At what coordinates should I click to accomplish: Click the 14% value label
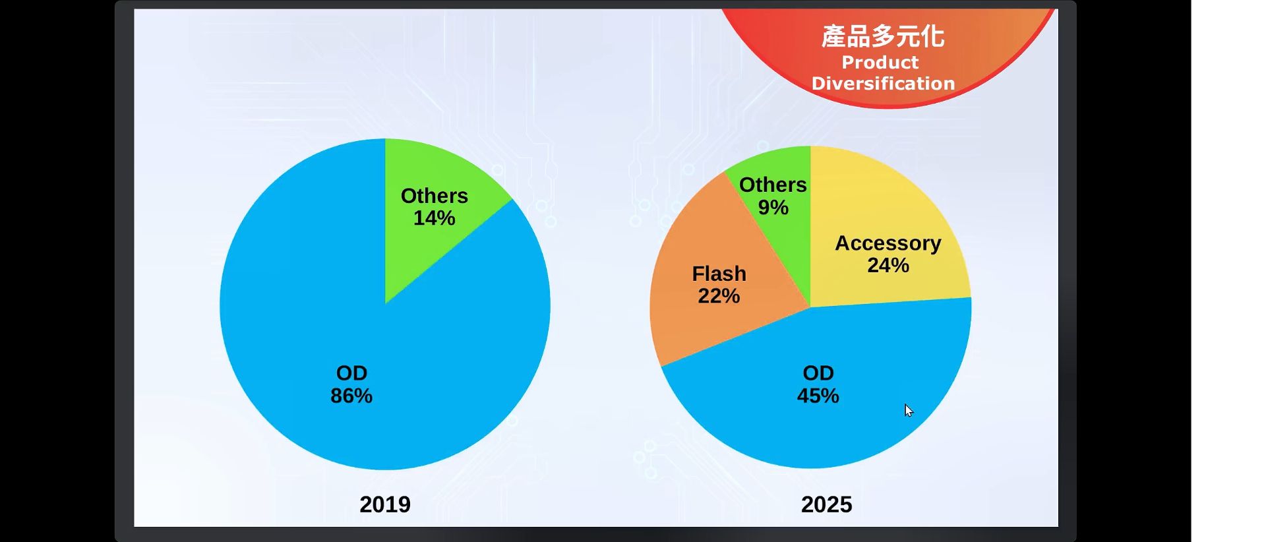point(435,218)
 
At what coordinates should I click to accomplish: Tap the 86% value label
point(351,396)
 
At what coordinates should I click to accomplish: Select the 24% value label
point(888,266)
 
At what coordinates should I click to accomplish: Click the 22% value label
point(719,296)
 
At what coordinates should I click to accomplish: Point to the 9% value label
point(773,208)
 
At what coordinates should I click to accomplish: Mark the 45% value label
point(818,396)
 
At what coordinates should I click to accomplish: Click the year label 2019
point(385,504)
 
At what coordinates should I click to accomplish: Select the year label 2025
point(827,504)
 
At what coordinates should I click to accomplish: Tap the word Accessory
point(888,244)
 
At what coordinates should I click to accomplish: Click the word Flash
point(719,274)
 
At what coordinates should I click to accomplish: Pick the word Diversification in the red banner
point(883,84)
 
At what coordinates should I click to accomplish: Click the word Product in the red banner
point(880,63)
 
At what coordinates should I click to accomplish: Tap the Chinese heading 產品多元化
point(883,37)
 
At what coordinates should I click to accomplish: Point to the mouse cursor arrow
point(909,411)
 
